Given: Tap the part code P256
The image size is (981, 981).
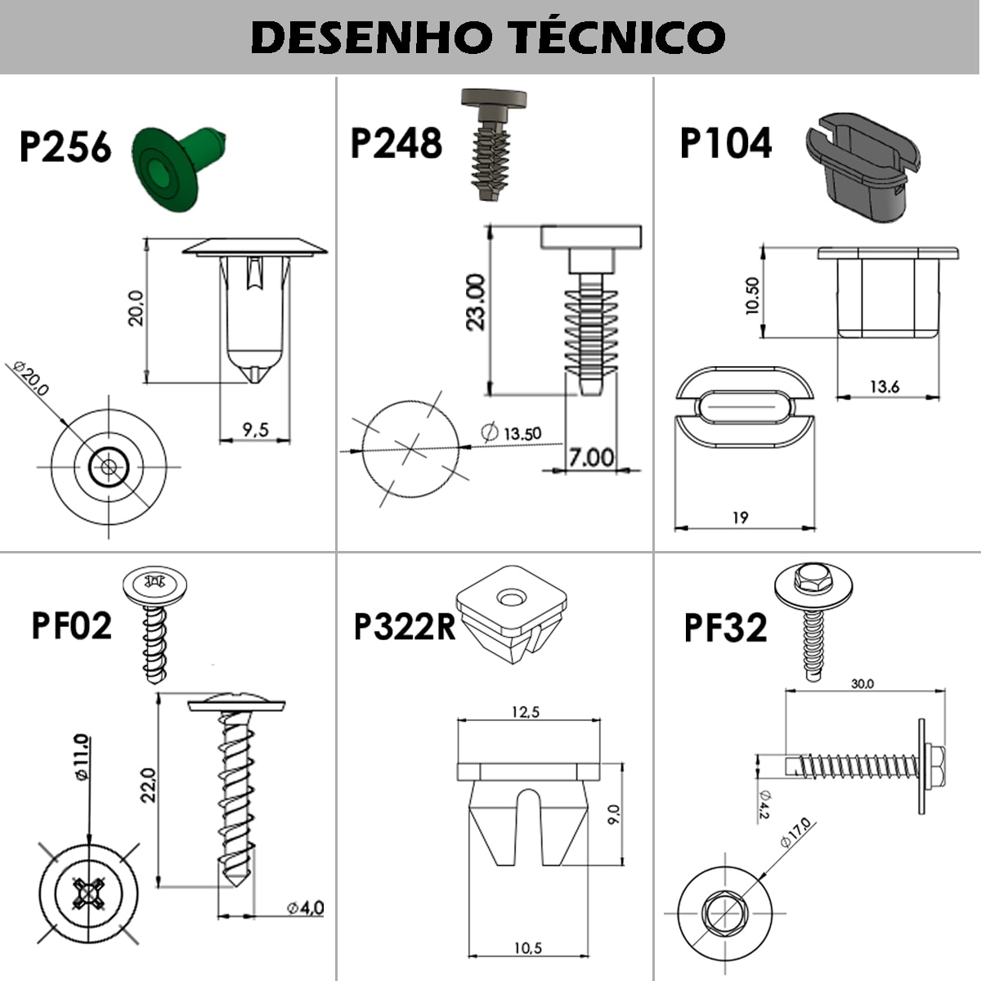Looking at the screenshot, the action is [65, 147].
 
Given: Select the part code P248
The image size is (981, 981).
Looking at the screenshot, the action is [396, 143].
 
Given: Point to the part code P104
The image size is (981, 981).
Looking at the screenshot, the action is [726, 143].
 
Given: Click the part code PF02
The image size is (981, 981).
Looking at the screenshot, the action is [72, 625].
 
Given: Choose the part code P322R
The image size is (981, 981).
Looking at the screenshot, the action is [405, 626].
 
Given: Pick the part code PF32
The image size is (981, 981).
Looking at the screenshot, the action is [725, 628].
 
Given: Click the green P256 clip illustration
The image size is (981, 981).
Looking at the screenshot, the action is [178, 168].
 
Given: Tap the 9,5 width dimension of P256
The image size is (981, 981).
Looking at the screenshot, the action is [255, 430].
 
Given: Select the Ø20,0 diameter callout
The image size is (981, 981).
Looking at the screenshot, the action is [31, 379].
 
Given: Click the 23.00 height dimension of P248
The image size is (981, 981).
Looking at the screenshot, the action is [476, 302].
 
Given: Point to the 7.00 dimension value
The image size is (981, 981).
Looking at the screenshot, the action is [591, 458].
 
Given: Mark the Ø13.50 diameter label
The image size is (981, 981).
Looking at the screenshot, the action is [511, 432].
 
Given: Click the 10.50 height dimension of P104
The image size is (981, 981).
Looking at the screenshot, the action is [752, 296].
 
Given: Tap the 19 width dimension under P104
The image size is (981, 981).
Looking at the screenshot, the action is [740, 517].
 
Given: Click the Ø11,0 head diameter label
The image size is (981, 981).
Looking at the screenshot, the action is [82, 757].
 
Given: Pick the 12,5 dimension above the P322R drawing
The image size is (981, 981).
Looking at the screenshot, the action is [526, 712].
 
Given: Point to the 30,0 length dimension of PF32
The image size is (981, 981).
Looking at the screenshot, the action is [862, 683].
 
